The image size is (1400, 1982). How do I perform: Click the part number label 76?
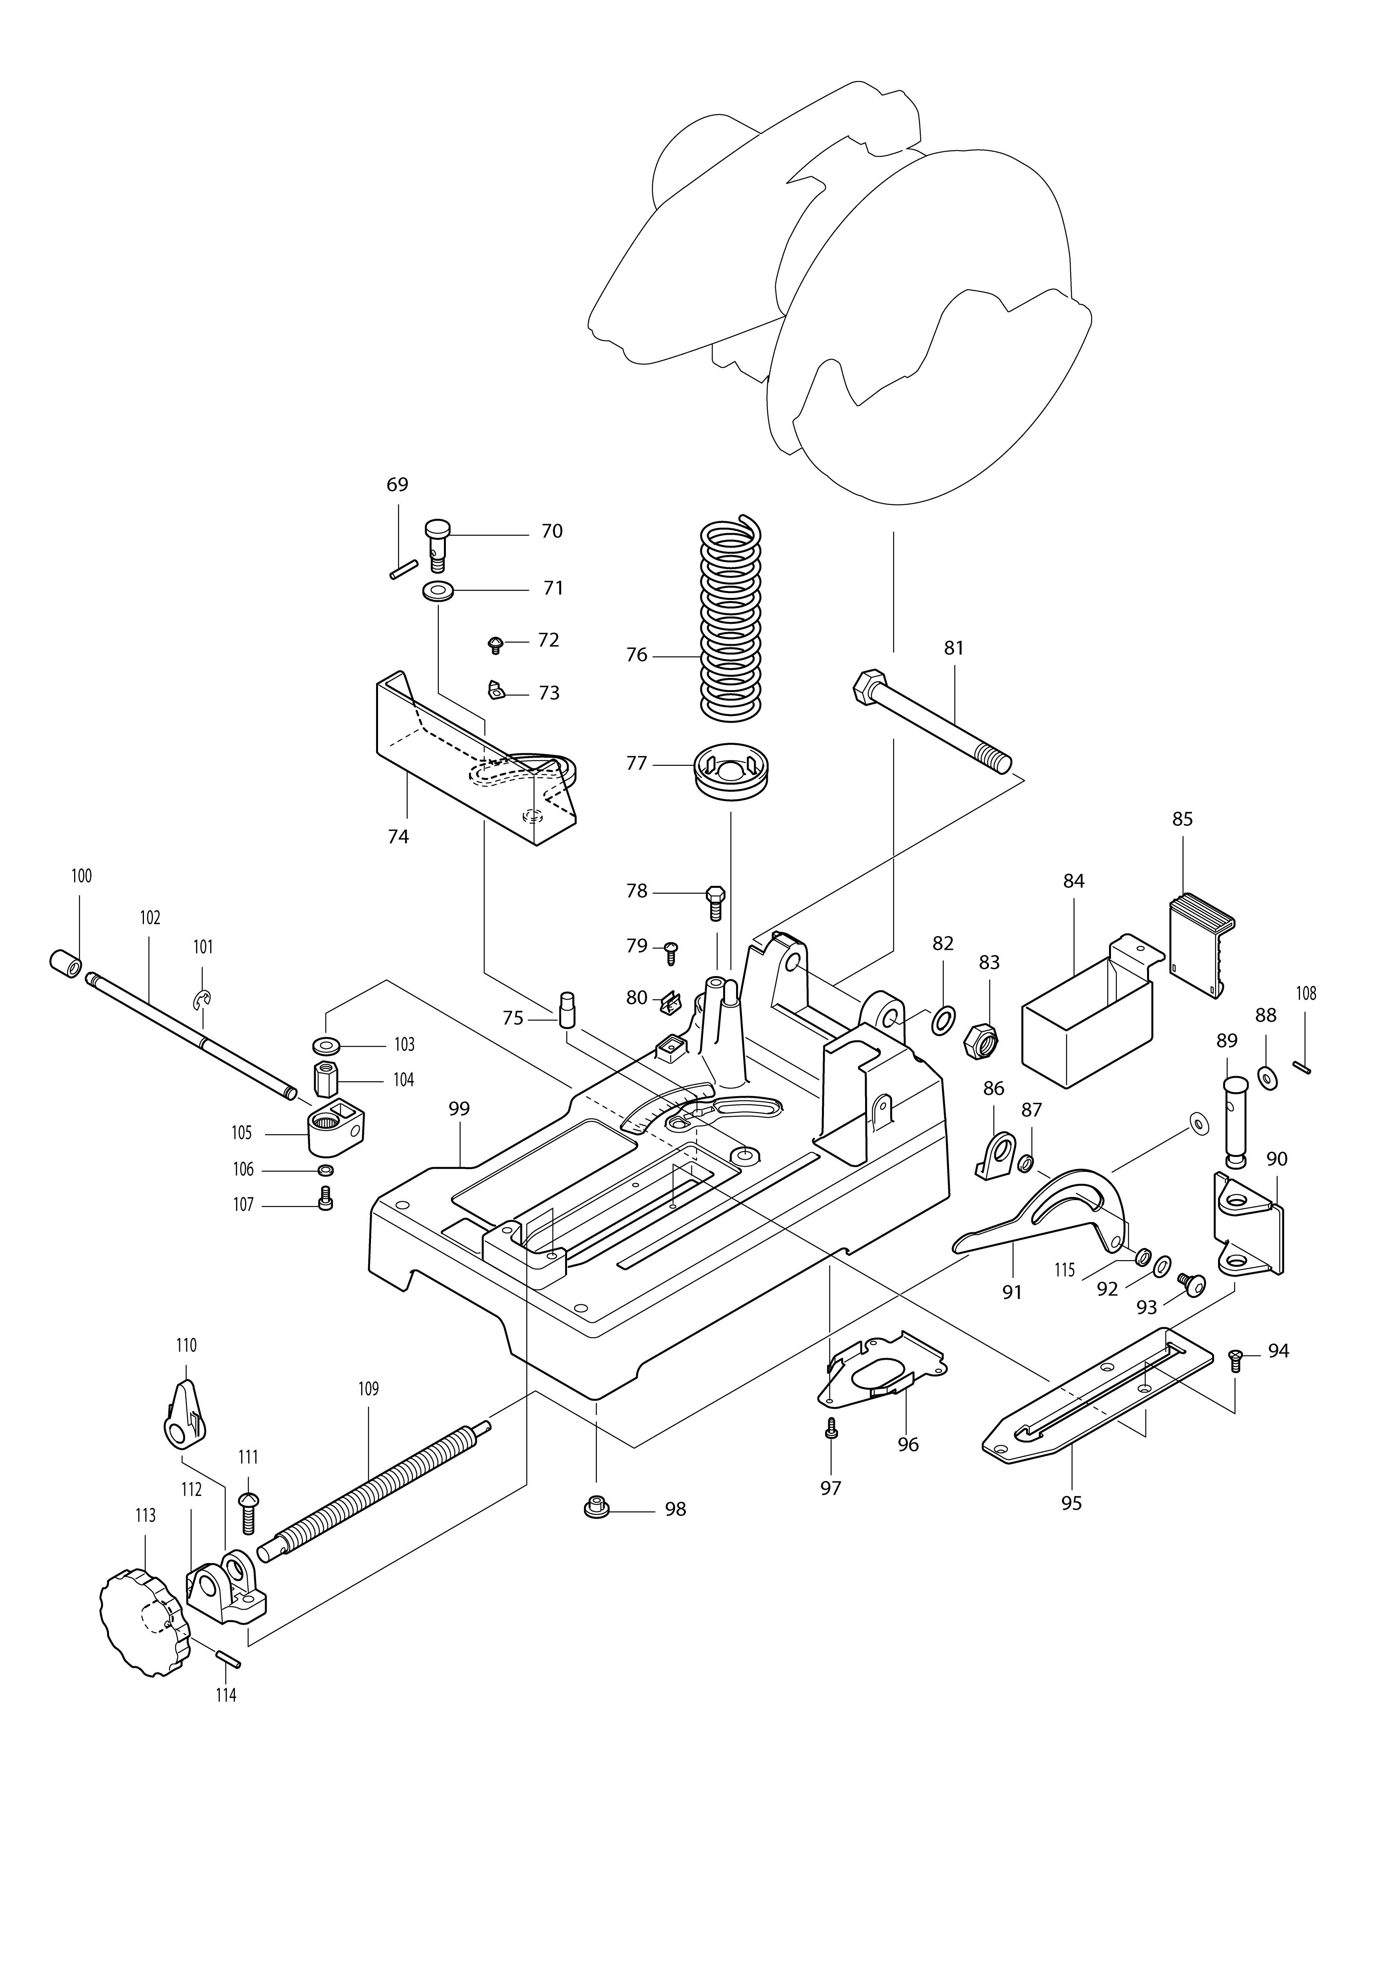coord(636,655)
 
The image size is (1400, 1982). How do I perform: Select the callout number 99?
coord(459,1108)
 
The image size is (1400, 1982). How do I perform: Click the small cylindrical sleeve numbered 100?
coord(65,961)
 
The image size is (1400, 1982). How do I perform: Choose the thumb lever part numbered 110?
coord(184,1416)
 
